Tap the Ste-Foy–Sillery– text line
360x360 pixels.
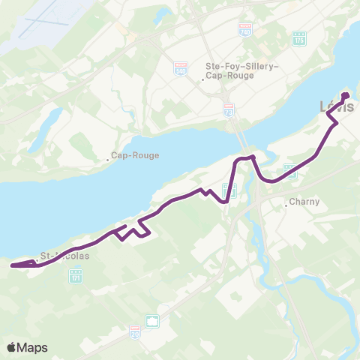point(242,66)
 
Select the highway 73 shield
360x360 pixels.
point(229,109)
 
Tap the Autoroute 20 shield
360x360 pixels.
point(135,330)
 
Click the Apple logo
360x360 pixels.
point(12,347)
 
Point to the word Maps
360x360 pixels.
point(34,348)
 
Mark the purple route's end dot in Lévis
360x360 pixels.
point(346,95)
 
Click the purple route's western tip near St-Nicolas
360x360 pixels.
point(13,265)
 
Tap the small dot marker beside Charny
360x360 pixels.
point(286,202)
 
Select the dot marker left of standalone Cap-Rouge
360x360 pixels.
point(107,158)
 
